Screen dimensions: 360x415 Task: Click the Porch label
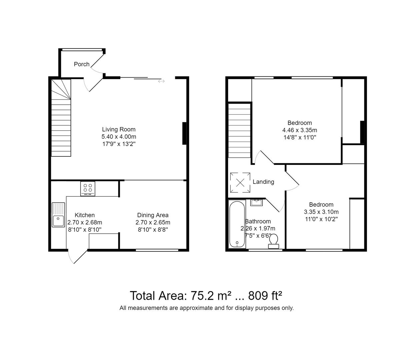point(82,64)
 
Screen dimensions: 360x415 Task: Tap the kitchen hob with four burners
point(88,188)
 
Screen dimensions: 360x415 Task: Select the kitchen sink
point(58,215)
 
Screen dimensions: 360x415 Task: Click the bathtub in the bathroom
point(237,224)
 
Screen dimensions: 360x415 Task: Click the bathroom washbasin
point(257,202)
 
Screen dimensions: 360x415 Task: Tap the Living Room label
point(119,129)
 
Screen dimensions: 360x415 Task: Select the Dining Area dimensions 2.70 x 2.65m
point(153,222)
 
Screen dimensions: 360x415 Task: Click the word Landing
point(263,182)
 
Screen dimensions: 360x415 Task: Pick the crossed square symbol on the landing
point(240,182)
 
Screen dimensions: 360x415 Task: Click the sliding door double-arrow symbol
point(161,81)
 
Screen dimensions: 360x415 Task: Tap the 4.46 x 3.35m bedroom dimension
point(300,130)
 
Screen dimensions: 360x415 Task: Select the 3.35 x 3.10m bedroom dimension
point(321,212)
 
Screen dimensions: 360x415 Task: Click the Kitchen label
point(85,215)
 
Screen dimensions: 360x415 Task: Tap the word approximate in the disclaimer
point(196,308)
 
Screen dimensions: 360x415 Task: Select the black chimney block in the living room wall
point(184,133)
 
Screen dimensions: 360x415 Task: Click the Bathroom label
point(258,221)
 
